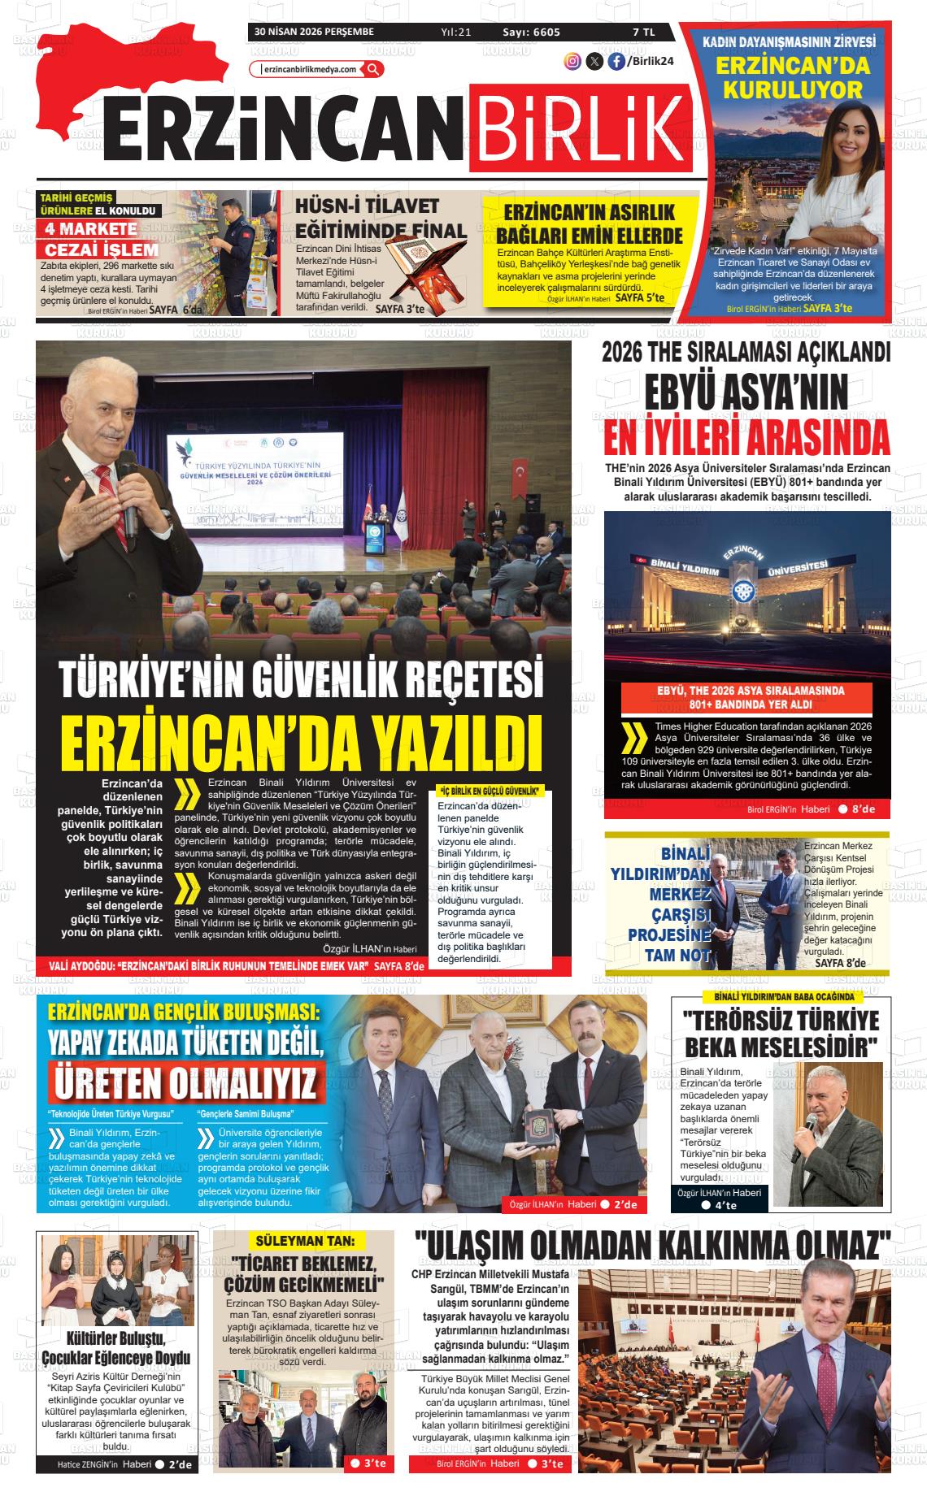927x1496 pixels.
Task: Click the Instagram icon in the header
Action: click(x=572, y=61)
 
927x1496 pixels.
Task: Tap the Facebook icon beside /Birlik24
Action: click(x=616, y=61)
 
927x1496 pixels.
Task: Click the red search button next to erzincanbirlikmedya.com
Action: click(x=373, y=69)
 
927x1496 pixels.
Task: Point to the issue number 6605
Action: click(x=542, y=32)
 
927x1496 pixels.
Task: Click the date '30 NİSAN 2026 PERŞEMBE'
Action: click(x=313, y=32)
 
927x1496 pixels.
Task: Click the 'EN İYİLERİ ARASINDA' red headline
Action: click(x=746, y=439)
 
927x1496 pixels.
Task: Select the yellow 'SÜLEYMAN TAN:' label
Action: click(x=305, y=1241)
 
